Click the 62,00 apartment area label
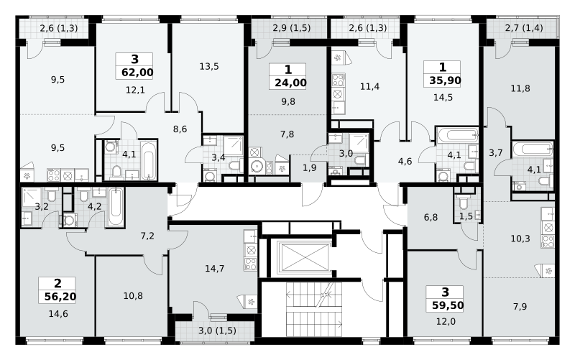137,73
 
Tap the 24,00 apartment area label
290,83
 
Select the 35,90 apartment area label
445,80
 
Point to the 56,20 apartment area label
60,296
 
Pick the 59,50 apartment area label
447,305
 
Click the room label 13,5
209,66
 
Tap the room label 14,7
214,269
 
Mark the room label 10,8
133,295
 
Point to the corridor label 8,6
180,129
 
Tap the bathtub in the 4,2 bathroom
116,207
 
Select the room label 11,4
369,86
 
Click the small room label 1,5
466,216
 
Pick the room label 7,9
520,306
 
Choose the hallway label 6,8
431,218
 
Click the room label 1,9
310,167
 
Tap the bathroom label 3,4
218,157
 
